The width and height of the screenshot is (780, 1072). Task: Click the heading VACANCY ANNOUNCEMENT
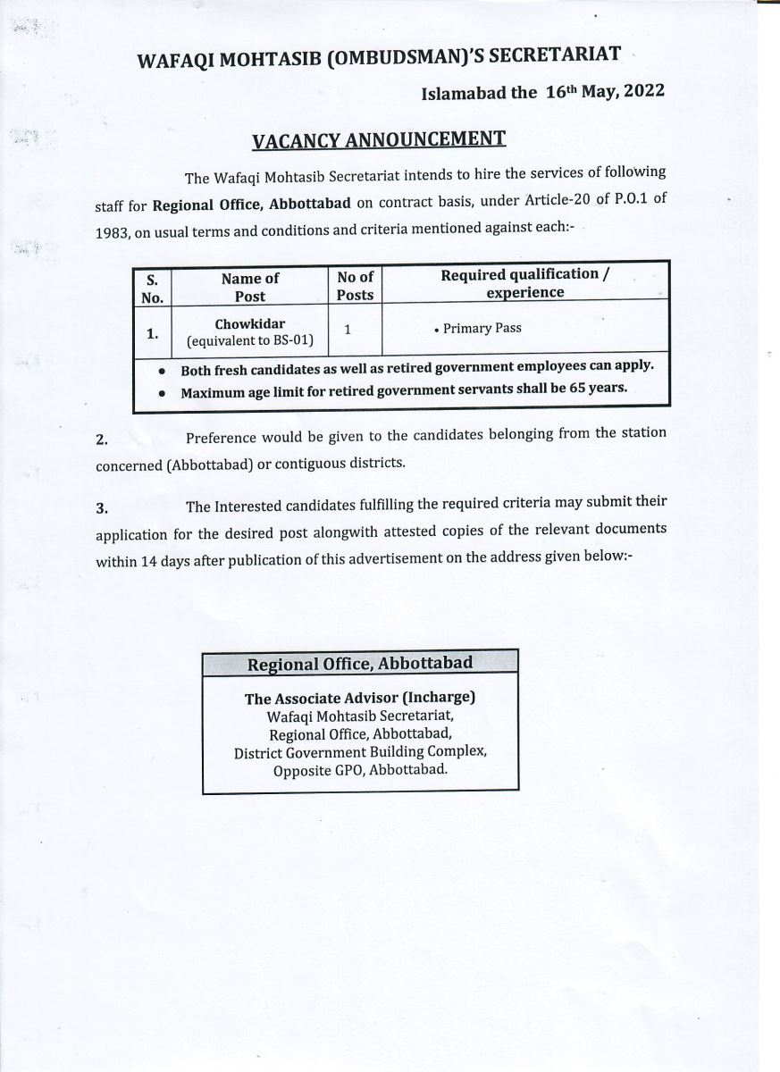click(x=379, y=139)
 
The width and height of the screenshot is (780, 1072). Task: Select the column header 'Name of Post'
click(x=249, y=287)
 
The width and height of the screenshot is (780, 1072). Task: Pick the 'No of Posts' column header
click(x=355, y=286)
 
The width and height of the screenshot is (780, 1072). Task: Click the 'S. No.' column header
click(x=152, y=288)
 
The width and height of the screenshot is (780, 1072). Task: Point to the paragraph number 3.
click(x=102, y=508)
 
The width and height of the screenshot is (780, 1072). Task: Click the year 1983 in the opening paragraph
click(x=113, y=229)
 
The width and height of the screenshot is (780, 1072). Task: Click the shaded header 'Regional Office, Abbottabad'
click(x=359, y=664)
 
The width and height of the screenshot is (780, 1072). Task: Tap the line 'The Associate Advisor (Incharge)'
click(x=359, y=699)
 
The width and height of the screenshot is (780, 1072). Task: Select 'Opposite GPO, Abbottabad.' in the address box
click(x=359, y=769)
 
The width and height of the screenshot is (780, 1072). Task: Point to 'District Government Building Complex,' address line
click(x=359, y=752)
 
